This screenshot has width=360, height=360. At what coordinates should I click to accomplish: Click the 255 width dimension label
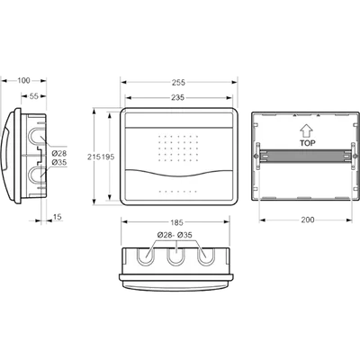coord(178,82)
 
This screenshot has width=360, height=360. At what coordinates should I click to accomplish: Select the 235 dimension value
coord(178,97)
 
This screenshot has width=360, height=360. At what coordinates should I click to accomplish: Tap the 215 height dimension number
coord(94,157)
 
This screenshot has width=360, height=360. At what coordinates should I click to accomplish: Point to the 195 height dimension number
coord(108,157)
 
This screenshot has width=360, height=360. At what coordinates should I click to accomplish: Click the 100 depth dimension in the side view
coord(23,80)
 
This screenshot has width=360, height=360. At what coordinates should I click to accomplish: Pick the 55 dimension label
coord(34,96)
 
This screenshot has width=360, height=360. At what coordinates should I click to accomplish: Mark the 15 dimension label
coord(57,217)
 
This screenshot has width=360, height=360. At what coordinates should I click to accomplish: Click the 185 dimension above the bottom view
coord(176,222)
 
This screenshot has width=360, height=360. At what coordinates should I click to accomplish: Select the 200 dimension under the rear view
coord(308,220)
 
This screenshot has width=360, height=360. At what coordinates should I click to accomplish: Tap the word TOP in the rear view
coord(308,143)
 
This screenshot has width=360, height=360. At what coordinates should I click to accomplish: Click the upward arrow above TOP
coord(307,132)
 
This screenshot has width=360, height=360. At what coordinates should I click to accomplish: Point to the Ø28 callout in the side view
coord(59,154)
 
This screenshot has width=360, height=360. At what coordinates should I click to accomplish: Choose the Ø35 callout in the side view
coord(59,163)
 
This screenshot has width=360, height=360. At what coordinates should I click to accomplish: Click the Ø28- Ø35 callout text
coord(175,235)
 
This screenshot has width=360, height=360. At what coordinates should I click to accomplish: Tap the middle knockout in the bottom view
coord(176,257)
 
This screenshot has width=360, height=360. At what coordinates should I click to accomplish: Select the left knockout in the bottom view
coord(147,257)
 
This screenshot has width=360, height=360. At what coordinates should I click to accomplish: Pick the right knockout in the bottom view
coord(206,257)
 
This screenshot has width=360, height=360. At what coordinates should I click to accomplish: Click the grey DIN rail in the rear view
coord(305,156)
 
